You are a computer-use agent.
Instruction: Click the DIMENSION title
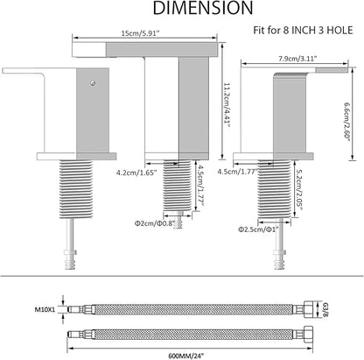(x=203, y=8)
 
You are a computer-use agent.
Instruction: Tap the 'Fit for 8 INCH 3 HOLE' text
(x=303, y=31)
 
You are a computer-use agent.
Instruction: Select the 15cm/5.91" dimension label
(x=141, y=33)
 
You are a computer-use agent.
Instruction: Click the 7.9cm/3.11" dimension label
(x=297, y=59)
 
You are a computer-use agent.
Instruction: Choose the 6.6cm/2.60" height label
(x=347, y=121)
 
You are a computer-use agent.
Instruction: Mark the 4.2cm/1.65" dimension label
(x=136, y=173)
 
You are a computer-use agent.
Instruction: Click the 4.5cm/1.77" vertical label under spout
(x=200, y=185)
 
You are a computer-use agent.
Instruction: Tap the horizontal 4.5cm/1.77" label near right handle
(x=238, y=172)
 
